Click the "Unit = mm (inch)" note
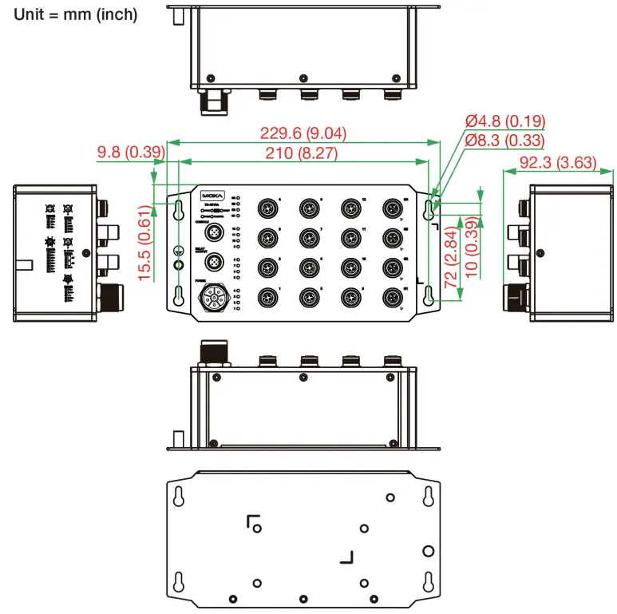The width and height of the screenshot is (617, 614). pyautogui.click(x=76, y=14)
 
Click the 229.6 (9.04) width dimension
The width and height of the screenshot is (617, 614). pyautogui.click(x=306, y=133)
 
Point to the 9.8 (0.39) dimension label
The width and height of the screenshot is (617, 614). pyautogui.click(x=130, y=152)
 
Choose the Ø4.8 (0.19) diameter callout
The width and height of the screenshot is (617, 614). pyautogui.click(x=504, y=121)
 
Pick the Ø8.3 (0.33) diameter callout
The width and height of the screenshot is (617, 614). pyautogui.click(x=504, y=141)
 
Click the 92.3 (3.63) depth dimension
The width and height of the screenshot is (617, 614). pyautogui.click(x=558, y=163)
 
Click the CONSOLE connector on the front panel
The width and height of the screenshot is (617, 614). pyautogui.click(x=214, y=232)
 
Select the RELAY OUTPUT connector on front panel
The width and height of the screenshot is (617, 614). pyautogui.click(x=214, y=263)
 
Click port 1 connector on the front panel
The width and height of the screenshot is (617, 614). pyautogui.click(x=267, y=298)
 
